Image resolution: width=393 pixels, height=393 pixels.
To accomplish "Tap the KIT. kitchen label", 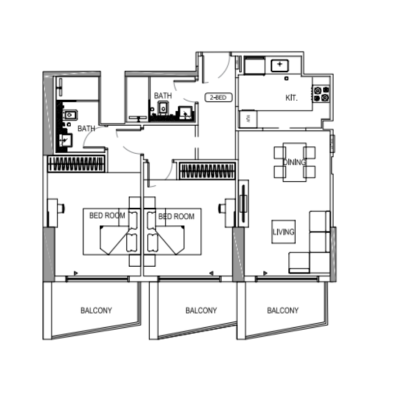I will (292, 98).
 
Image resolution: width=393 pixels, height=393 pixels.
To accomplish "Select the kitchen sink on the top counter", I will (280, 65).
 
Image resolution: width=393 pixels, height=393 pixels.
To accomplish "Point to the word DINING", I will (294, 162).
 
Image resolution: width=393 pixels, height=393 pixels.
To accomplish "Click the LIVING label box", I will (284, 232).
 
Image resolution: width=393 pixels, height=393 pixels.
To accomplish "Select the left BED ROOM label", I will (107, 216).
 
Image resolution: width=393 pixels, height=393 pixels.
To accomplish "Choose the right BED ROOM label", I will (176, 216).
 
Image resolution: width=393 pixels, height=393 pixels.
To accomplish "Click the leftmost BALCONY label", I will (96, 310).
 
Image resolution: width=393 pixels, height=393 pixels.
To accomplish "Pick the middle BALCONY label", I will (201, 310).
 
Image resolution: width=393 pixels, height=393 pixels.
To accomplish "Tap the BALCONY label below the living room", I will (282, 310).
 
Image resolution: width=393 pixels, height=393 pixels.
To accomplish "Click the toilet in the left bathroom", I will (70, 115).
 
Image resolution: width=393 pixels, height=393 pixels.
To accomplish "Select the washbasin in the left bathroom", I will (64, 140).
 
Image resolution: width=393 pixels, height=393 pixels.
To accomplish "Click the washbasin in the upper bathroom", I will (185, 113).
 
